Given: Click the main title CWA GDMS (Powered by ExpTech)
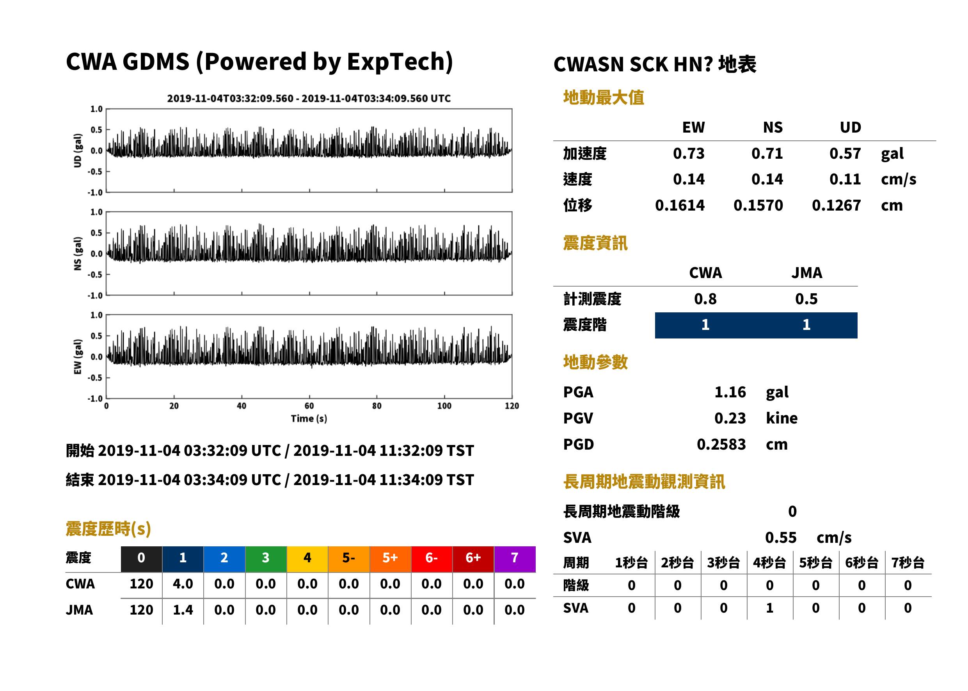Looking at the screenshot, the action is (x=259, y=62).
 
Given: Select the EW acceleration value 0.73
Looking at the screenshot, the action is (x=688, y=154).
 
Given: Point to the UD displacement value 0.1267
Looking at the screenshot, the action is (x=836, y=206).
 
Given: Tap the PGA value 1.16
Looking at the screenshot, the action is (x=730, y=392).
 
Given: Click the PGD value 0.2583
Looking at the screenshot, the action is (x=721, y=444).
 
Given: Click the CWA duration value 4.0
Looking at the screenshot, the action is (x=183, y=584).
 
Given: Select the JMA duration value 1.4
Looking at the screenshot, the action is (x=183, y=610).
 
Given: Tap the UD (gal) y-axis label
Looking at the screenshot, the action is (x=78, y=151).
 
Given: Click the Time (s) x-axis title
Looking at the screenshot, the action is (x=309, y=419).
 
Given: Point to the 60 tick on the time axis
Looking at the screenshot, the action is (x=309, y=406).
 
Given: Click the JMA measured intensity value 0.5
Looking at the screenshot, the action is (x=806, y=299).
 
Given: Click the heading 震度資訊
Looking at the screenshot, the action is (x=595, y=243).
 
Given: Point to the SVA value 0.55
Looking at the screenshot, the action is (x=781, y=538).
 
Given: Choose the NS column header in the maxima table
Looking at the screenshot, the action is (x=773, y=128).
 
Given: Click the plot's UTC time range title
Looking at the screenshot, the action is (x=309, y=99).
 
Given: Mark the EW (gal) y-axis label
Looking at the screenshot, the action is (x=78, y=357).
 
